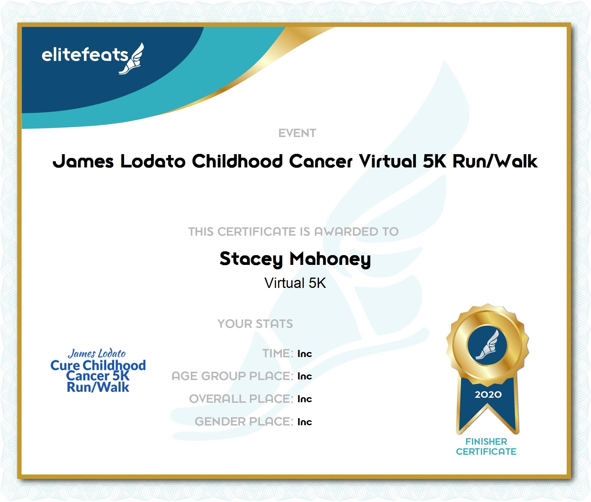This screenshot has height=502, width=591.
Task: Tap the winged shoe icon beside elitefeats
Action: (132, 58)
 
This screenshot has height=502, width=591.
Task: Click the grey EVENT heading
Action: (297, 133)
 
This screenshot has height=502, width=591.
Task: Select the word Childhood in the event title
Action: (237, 161)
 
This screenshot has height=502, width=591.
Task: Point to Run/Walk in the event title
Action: (495, 161)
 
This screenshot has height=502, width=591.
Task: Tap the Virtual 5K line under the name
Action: (295, 283)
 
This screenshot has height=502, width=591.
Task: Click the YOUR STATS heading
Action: (255, 324)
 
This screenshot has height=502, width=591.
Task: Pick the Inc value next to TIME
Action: (305, 354)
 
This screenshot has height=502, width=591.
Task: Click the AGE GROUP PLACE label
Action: (232, 376)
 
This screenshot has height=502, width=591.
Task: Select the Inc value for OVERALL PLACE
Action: (305, 399)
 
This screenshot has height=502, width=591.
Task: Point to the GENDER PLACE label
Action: (244, 422)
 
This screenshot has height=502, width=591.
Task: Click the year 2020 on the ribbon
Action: (488, 395)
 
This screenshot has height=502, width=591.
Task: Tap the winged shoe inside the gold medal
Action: (487, 345)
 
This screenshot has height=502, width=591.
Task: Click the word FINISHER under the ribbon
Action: (486, 441)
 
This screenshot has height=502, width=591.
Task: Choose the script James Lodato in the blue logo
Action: (97, 353)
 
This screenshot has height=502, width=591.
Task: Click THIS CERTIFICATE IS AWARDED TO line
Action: (294, 232)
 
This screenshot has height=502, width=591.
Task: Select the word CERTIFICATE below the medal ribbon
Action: (486, 452)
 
